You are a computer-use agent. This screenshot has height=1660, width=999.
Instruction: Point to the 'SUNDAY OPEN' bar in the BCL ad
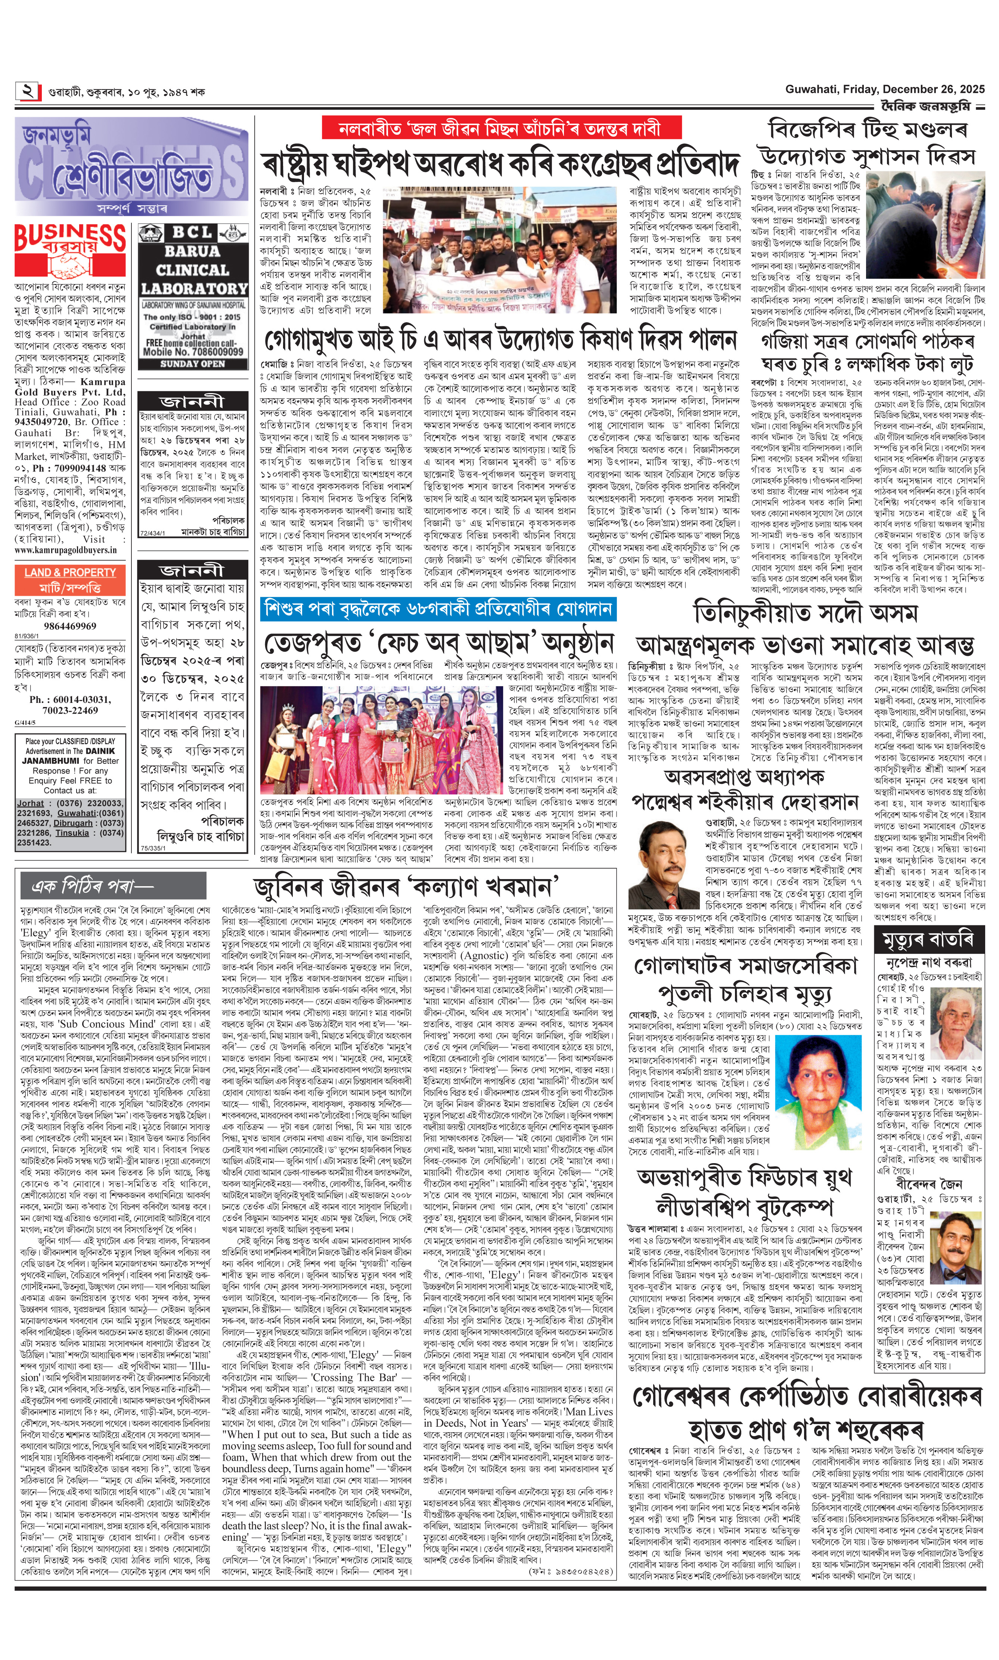coord(193,364)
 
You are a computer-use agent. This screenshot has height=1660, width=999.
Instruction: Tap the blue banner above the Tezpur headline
coord(438,608)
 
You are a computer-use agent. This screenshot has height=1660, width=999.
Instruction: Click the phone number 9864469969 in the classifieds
coord(70,626)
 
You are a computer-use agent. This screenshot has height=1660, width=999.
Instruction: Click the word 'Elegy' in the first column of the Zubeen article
coord(36,932)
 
